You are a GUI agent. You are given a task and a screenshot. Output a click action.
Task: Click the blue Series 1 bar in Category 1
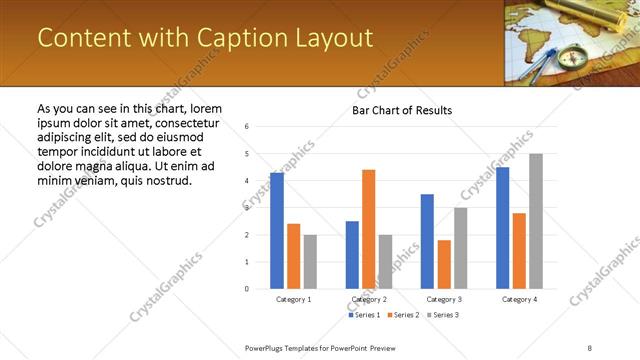277,231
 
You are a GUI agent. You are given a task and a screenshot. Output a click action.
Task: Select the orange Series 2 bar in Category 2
369,229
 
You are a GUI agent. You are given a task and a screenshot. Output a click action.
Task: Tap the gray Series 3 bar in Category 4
536,221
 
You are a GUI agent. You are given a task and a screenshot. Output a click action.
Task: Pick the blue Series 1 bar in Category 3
427,241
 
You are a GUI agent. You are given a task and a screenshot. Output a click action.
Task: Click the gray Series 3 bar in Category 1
310,261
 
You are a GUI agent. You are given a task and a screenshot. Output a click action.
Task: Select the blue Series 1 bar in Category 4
502,228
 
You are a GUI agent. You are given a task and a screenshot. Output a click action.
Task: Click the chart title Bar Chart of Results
401,110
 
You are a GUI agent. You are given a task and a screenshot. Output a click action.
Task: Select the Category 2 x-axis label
368,299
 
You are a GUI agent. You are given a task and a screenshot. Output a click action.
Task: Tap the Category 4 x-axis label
519,299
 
